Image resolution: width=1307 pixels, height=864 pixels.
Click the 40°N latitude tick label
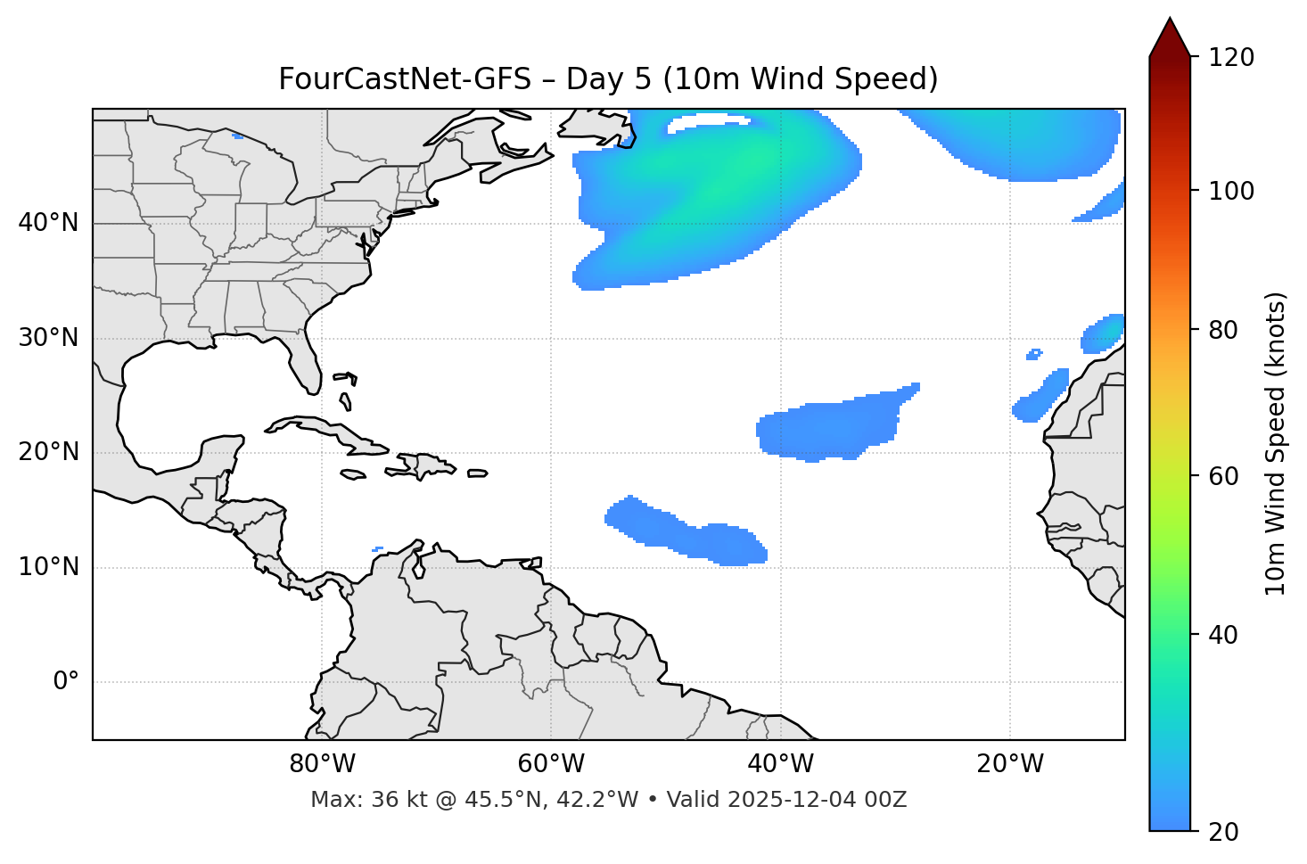tap(48, 223)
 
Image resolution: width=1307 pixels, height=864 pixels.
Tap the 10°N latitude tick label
tap(48, 567)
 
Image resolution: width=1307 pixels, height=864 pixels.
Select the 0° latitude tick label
tap(66, 682)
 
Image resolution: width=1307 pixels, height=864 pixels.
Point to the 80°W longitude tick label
tap(322, 764)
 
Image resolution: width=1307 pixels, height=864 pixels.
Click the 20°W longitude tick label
tap(1010, 764)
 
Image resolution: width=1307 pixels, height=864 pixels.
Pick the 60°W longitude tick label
tap(551, 764)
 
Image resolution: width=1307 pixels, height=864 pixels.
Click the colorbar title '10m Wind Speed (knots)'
tap(1276, 443)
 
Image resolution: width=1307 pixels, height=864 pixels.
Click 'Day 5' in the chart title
tap(609, 79)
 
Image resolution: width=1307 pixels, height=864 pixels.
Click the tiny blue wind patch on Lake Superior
tap(236, 136)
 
